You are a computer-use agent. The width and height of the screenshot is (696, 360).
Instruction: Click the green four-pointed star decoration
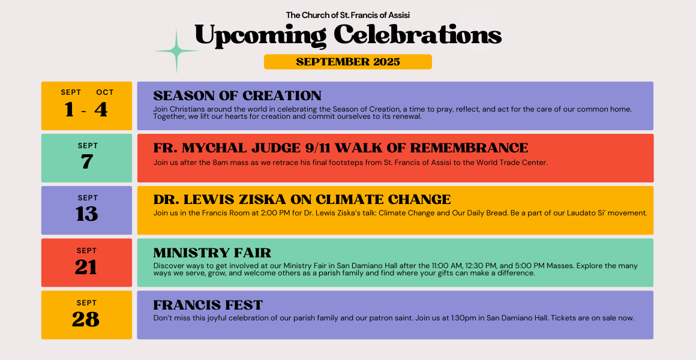pyautogui.click(x=176, y=52)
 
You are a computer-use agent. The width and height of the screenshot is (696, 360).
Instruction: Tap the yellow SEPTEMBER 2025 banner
pyautogui.click(x=348, y=62)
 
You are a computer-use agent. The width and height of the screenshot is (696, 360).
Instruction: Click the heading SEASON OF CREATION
pyautogui.click(x=238, y=95)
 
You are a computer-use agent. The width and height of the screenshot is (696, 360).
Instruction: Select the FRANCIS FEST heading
pyautogui.click(x=208, y=305)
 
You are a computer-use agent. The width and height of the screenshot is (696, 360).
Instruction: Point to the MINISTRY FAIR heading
pyautogui.click(x=212, y=253)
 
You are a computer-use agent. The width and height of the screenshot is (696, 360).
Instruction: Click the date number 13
pyautogui.click(x=86, y=214)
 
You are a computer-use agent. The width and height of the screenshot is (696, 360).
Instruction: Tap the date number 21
pyautogui.click(x=86, y=267)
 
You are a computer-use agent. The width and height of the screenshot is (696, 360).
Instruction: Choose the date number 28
pyautogui.click(x=86, y=319)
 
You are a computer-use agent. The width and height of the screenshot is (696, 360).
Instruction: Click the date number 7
pyautogui.click(x=87, y=162)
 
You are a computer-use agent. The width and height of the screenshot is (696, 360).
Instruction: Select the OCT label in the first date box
pyautogui.click(x=105, y=92)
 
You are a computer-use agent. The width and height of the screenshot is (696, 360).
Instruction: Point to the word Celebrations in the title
pyautogui.click(x=418, y=35)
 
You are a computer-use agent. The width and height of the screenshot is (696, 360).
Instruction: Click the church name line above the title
pyautogui.click(x=348, y=15)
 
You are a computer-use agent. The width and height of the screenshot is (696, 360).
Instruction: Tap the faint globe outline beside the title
pyautogui.click(x=480, y=29)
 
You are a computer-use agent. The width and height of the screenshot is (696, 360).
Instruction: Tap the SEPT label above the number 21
pyautogui.click(x=86, y=251)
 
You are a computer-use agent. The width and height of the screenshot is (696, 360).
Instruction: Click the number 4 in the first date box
pyautogui.click(x=101, y=110)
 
